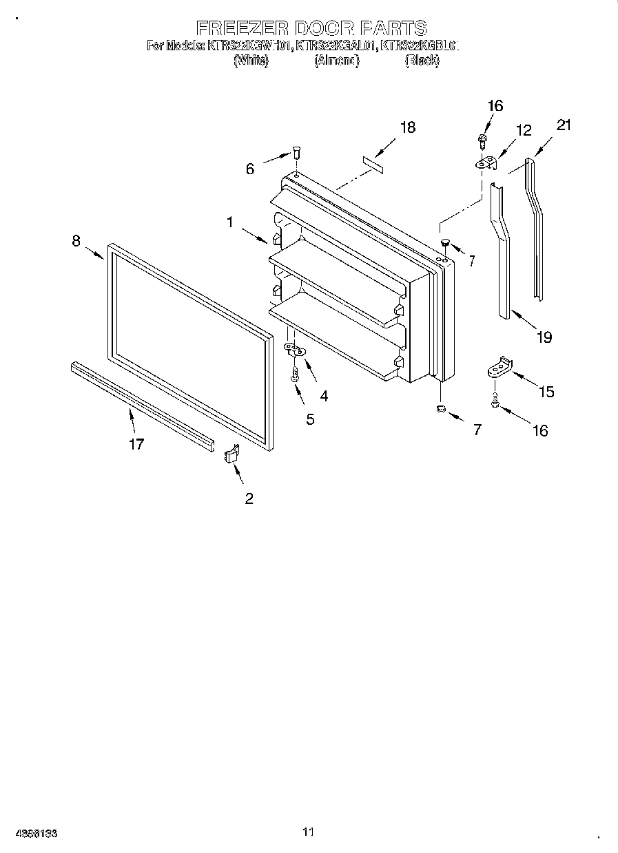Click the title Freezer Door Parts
311,28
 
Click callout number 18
408,127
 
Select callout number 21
564,125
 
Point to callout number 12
524,129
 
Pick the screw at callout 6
297,151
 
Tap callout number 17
136,444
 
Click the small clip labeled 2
231,455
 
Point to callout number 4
324,396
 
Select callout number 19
544,337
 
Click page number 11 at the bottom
308,832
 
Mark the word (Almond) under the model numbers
337,61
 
